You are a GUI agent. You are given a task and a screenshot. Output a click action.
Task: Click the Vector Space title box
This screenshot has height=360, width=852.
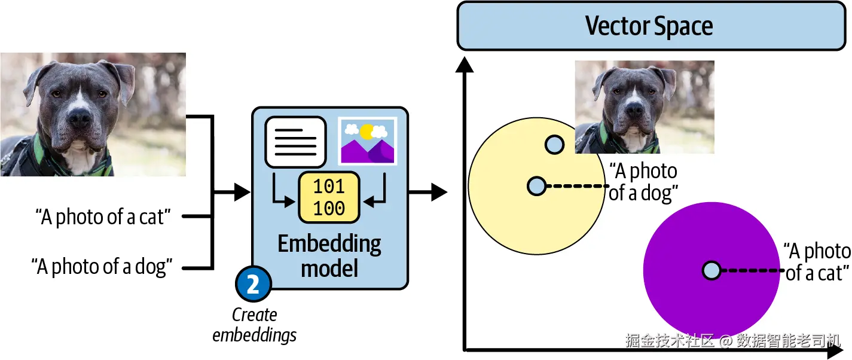[x=651, y=26]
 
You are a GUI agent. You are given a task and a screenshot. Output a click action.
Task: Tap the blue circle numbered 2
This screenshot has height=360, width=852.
[x=254, y=284]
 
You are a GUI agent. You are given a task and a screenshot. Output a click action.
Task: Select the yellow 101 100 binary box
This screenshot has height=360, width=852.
[x=329, y=197]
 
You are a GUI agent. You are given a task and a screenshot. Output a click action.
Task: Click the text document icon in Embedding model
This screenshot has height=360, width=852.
[x=295, y=142]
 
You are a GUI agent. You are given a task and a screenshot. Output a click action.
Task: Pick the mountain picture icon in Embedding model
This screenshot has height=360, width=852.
[x=368, y=141]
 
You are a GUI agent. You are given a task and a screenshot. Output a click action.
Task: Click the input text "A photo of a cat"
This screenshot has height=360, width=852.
[x=103, y=217]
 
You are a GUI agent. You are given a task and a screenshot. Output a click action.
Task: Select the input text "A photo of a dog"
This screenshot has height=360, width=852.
[x=102, y=266]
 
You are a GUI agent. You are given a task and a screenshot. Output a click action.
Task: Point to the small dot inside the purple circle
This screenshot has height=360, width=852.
[x=711, y=270]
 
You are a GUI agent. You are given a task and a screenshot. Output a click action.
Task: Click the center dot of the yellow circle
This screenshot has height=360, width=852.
[x=537, y=186]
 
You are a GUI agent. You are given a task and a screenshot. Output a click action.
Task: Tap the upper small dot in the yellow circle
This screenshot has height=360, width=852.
[x=555, y=145]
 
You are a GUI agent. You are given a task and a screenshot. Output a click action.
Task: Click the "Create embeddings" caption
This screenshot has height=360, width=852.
[x=255, y=325]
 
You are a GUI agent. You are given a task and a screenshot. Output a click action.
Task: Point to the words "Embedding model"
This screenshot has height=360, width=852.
[x=329, y=256]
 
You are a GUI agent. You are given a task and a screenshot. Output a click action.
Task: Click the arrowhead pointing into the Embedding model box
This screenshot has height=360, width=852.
[x=242, y=192]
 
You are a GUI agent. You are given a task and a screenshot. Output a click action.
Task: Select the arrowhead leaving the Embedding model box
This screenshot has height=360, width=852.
[x=439, y=192]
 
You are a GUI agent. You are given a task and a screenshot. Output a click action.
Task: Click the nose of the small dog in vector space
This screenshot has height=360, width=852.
[x=635, y=110]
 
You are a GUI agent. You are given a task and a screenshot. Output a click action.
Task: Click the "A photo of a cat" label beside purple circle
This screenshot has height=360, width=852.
[x=817, y=263]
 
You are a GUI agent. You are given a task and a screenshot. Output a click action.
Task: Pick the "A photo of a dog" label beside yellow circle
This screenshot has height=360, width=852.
[x=643, y=182]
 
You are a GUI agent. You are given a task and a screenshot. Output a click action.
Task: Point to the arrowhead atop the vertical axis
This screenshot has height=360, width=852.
[x=465, y=65]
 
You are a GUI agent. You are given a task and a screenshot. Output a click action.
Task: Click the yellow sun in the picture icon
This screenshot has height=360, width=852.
[x=367, y=132]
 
